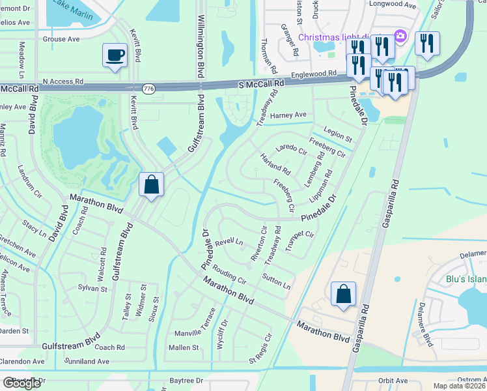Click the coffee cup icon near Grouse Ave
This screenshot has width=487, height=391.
click(x=115, y=55)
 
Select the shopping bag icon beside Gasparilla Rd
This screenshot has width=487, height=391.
click(x=343, y=293)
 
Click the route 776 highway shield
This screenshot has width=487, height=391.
click(x=149, y=88)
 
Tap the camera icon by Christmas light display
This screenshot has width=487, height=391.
click(x=401, y=35)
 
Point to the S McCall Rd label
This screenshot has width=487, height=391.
click(x=262, y=84)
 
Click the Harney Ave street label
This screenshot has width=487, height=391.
click(x=288, y=115)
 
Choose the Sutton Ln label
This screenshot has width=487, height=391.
click(x=277, y=282)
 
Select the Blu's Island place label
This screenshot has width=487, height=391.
click(x=466, y=279)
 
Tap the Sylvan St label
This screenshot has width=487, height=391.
click(x=92, y=287)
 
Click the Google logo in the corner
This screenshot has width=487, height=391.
click(x=21, y=383)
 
